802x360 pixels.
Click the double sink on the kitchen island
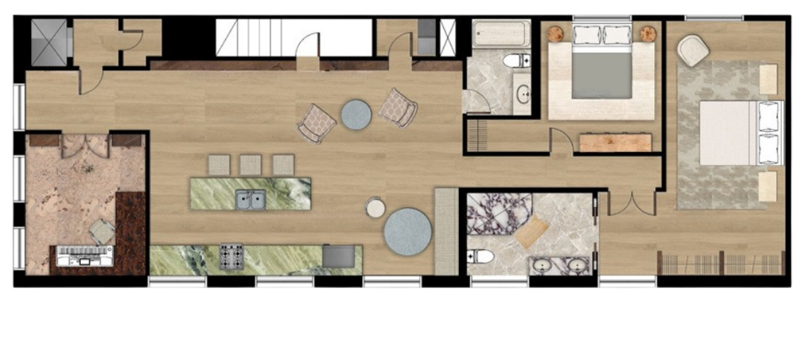(x=250, y=199)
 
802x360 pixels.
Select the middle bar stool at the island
(x=250, y=165)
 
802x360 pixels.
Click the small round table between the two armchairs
(x=356, y=115)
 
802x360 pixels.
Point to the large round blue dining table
(x=408, y=232)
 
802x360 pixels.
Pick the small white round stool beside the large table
(x=376, y=208)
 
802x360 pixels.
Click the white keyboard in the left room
(x=85, y=255)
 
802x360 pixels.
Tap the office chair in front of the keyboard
(x=102, y=233)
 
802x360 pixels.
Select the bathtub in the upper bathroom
(x=501, y=34)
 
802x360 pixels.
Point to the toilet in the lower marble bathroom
(x=482, y=257)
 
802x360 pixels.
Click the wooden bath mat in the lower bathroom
(x=532, y=232)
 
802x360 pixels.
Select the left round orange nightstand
(x=556, y=33)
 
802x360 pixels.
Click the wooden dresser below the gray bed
(x=616, y=142)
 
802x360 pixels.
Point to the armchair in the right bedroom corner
(x=693, y=50)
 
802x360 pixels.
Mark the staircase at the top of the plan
(x=256, y=37)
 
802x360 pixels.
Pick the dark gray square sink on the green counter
(x=339, y=256)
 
